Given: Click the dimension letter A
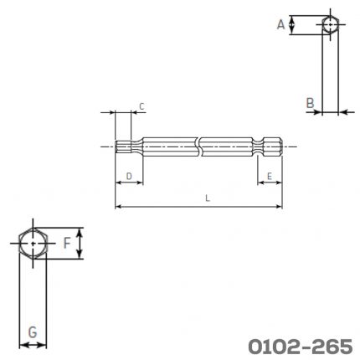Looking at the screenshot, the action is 280,24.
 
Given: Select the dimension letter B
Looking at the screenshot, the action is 310,103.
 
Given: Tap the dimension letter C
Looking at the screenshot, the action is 141,106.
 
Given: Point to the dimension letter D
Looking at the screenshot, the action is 129,177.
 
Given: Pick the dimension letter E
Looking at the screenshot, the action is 270,177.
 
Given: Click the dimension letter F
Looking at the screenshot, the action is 67,243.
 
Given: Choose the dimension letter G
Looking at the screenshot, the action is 33,332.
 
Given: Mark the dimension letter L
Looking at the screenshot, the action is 208,198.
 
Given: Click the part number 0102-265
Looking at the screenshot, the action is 301,347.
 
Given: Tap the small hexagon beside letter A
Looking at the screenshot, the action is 322,24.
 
